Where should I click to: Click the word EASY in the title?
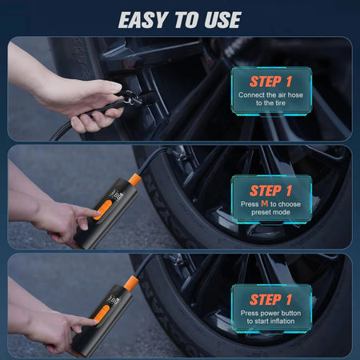(145, 19)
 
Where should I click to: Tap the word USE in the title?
(222, 19)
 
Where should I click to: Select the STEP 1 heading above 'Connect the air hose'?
(270, 81)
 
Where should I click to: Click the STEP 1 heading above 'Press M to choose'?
(270, 190)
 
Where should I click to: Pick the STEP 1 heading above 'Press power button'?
(270, 299)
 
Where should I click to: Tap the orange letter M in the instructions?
(265, 204)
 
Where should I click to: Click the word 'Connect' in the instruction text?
(253, 95)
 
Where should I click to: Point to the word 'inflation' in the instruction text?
(286, 322)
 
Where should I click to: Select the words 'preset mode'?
(271, 214)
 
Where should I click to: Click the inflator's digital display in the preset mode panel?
(116, 194)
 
